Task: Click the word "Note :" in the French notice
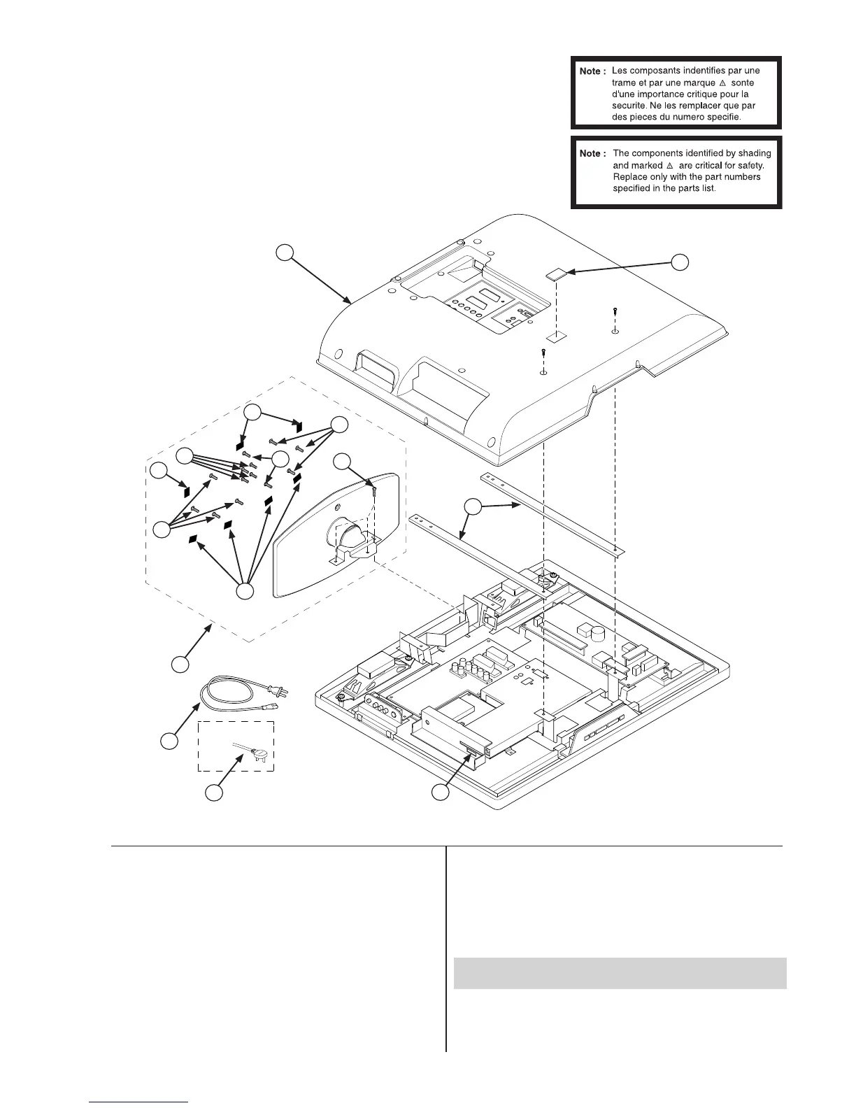click(591, 71)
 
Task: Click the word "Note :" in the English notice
click(591, 153)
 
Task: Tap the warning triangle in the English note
click(669, 165)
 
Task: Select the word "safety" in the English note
click(749, 165)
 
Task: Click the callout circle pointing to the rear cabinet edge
click(284, 253)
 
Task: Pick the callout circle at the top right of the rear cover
click(680, 262)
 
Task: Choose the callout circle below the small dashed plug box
click(214, 793)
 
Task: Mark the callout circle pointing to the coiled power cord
click(169, 741)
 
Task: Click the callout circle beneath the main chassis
click(439, 793)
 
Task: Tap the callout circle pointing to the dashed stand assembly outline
click(180, 664)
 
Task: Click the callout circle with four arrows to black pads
click(244, 592)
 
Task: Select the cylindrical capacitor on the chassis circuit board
click(598, 634)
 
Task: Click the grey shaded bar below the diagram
click(620, 972)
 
